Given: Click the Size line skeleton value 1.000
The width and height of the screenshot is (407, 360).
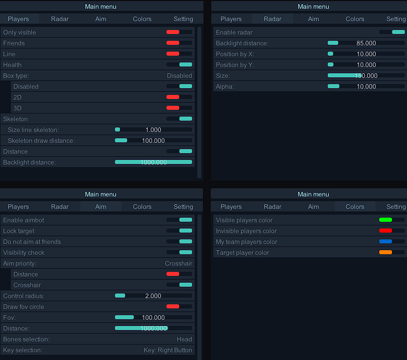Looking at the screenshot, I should [154, 130].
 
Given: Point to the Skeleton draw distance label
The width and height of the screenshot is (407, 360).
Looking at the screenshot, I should [41, 141].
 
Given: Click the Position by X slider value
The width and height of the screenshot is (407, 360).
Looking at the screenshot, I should [366, 54].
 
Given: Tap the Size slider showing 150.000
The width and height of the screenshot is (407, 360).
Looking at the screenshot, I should [366, 76].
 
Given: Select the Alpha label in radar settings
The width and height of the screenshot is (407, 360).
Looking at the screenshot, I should [225, 87].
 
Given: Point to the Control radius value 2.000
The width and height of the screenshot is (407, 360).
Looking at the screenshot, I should [154, 296].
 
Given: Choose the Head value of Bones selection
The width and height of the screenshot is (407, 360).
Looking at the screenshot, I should [184, 339].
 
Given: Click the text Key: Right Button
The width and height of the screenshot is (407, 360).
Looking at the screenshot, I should [168, 350].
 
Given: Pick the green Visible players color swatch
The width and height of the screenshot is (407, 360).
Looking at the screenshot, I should [385, 220].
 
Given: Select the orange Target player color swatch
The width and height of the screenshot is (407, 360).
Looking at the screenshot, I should [385, 252].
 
